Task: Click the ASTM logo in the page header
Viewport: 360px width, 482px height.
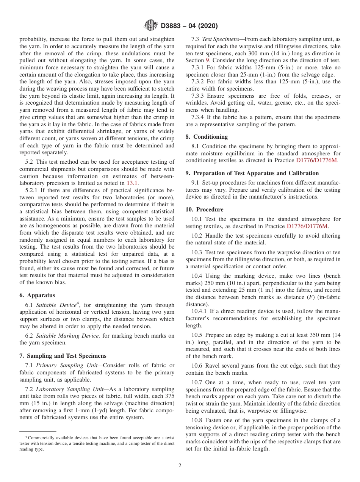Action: [150, 26]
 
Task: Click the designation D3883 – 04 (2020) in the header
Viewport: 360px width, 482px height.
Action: [189, 26]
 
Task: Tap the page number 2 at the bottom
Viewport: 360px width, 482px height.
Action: [180, 465]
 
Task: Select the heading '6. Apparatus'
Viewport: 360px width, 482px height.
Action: [37, 295]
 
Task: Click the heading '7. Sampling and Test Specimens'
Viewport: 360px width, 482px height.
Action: [63, 356]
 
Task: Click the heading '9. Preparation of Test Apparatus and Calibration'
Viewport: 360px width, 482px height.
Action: [252, 173]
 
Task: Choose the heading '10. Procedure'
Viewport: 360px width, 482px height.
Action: [204, 210]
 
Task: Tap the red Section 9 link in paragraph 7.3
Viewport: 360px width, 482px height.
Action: [207, 60]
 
